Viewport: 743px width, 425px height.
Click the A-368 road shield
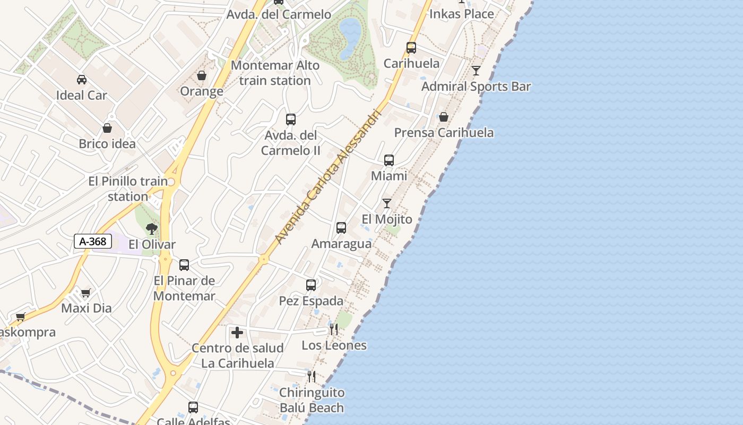point(93,242)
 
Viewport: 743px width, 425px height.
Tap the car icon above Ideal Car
point(81,80)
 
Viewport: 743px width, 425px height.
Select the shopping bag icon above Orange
point(202,76)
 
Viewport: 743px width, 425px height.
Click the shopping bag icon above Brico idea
point(107,128)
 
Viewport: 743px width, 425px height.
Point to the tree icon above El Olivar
point(152,229)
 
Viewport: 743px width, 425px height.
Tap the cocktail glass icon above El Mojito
point(387,203)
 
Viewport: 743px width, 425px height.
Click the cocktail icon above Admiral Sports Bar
point(476,71)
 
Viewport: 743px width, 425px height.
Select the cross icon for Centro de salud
point(237,333)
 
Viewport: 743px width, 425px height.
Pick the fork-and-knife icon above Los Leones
point(334,329)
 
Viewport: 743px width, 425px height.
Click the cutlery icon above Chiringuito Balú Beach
point(312,377)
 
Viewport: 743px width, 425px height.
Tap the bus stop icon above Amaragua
point(341,228)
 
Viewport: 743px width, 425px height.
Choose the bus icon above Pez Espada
point(311,285)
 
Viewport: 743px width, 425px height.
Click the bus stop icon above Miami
point(389,160)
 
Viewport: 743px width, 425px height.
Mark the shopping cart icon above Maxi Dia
point(86,293)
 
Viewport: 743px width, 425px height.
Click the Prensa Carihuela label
point(444,133)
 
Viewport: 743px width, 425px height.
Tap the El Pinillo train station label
point(128,189)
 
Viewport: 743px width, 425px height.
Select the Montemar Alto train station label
point(275,73)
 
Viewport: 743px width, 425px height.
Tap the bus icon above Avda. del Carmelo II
point(291,120)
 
